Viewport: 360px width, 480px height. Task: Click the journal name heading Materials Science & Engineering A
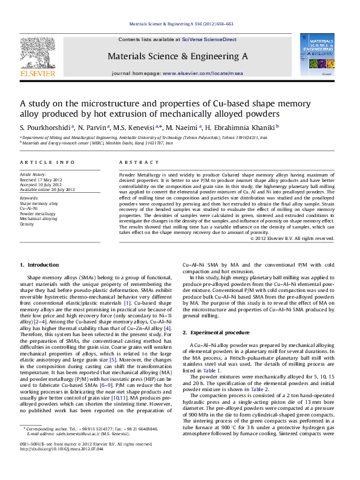point(177,56)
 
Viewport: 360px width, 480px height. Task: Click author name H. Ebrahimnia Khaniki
point(243,127)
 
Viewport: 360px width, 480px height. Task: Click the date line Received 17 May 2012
point(41,180)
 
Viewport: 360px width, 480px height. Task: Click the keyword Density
point(27,224)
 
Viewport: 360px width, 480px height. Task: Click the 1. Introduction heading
point(40,265)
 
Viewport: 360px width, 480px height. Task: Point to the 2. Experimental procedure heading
point(215,333)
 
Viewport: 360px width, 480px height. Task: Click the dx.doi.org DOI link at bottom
point(61,466)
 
